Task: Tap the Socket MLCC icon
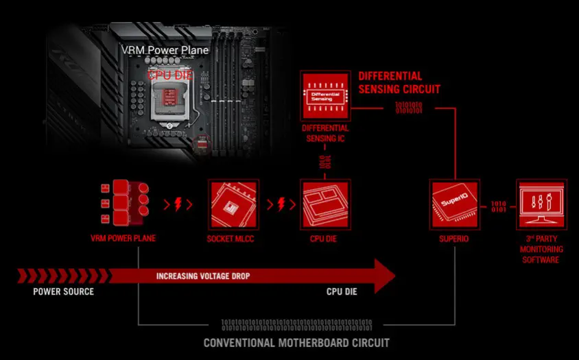234,204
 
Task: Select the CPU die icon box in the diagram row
326,204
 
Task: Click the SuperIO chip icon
453,204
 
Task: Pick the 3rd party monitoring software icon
542,204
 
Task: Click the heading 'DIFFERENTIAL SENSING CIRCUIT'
399,82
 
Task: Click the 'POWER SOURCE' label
63,291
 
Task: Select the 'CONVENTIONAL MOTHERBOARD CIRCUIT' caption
296,342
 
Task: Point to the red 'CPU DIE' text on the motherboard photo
171,74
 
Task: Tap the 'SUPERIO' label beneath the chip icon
453,239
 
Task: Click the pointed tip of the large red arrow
394,277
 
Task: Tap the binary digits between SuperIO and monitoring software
498,206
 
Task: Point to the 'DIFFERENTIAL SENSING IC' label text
325,134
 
